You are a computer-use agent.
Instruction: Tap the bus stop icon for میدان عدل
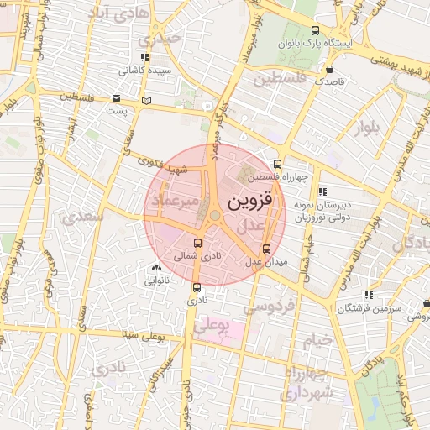pos(267,249)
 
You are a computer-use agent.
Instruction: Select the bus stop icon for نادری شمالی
pos(197,244)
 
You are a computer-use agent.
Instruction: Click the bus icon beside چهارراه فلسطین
pos(278,165)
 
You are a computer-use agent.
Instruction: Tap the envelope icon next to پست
pos(116,97)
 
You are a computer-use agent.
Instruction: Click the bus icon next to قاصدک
pos(330,70)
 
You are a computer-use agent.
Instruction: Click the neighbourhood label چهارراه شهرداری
pos(307,382)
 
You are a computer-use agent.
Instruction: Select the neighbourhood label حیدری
pos(160,38)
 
